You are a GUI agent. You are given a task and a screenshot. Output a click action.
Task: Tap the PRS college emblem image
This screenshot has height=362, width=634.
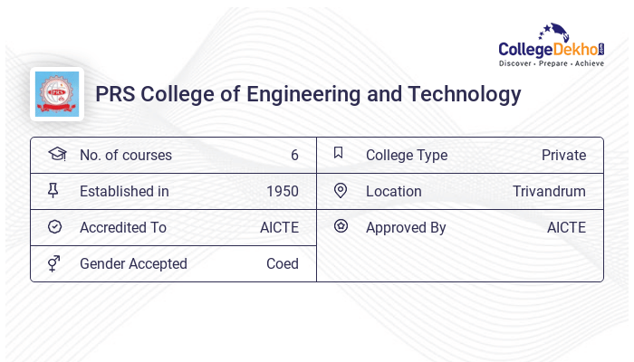point(56,94)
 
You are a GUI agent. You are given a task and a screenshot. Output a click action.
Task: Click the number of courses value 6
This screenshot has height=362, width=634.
point(294,155)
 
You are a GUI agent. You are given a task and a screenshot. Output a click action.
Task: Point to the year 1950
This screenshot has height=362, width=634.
point(282,191)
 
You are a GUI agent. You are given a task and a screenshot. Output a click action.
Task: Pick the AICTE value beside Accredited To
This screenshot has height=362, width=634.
point(279,227)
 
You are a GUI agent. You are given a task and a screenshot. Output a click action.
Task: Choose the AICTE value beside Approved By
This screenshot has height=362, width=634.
point(566,227)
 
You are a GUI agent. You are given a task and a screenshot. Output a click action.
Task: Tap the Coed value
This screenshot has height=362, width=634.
point(282,263)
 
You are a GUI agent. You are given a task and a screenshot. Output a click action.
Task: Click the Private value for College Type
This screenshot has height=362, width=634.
point(563,155)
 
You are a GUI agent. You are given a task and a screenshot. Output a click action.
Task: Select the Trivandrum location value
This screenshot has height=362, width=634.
point(549,191)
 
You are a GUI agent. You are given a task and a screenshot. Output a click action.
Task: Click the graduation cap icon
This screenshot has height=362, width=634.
point(56,154)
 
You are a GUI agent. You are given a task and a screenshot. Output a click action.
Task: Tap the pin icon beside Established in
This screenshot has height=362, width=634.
point(53,190)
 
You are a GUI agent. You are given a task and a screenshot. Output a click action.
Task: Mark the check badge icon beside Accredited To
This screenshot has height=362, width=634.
point(54,226)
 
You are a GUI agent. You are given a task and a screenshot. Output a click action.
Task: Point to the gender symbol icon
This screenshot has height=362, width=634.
point(54,263)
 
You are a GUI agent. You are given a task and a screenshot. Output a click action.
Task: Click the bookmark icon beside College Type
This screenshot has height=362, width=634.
point(338,153)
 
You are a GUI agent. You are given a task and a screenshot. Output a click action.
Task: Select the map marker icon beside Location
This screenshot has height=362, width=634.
point(341,190)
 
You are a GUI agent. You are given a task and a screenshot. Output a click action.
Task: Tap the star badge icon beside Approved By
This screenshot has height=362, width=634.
point(341,226)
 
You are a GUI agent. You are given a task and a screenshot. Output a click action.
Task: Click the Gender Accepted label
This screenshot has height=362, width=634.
point(133,263)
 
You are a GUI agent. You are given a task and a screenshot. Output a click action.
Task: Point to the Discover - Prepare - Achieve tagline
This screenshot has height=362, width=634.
point(552,63)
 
